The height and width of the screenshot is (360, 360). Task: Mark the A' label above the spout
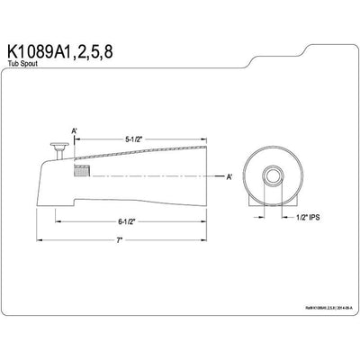point(76,131)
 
